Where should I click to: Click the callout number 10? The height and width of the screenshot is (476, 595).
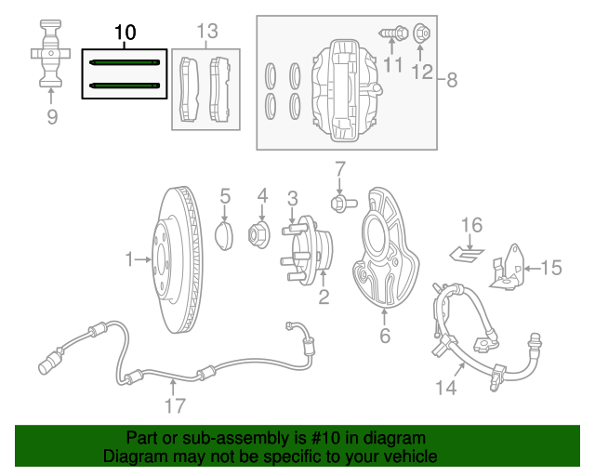pos(125,33)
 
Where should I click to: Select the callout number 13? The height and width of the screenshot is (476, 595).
pos(205,33)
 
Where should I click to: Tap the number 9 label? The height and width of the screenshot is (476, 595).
pos(52,116)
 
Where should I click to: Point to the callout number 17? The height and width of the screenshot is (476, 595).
pos(175,405)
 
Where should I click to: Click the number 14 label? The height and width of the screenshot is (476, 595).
pos(447,386)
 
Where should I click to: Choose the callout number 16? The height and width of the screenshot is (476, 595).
pos(472,225)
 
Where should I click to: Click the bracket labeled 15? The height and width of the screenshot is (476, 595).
pos(507,269)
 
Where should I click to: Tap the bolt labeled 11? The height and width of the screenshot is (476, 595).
pos(391,34)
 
